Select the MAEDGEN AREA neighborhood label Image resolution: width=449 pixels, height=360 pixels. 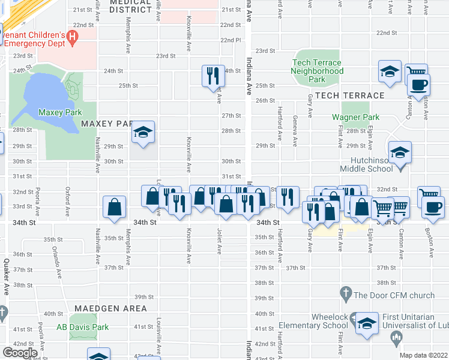point(108,308)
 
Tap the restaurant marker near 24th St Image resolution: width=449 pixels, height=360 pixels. point(212,76)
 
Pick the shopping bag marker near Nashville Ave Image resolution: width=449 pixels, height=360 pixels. point(114,208)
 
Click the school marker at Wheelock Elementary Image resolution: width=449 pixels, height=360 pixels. point(366,323)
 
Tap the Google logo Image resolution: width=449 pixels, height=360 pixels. point(20,352)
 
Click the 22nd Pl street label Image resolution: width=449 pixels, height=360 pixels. point(230,40)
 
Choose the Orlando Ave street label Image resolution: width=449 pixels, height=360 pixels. point(56,260)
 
